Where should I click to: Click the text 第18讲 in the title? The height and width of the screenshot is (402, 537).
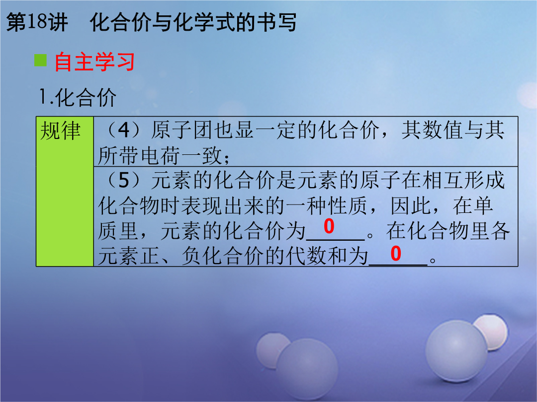37,22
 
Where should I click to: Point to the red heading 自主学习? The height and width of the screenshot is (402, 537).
94,62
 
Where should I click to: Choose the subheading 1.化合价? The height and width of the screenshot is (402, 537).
78,97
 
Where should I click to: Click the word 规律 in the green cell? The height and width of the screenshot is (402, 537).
61,131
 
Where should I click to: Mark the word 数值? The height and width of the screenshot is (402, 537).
443,130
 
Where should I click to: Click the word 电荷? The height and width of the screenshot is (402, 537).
160,155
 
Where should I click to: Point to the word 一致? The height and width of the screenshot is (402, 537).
202,155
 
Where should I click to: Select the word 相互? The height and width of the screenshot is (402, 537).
443,180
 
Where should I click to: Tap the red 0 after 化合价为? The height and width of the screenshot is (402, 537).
329,226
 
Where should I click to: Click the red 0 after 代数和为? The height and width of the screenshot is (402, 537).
396,254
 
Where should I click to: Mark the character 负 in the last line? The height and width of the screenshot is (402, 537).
192,256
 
